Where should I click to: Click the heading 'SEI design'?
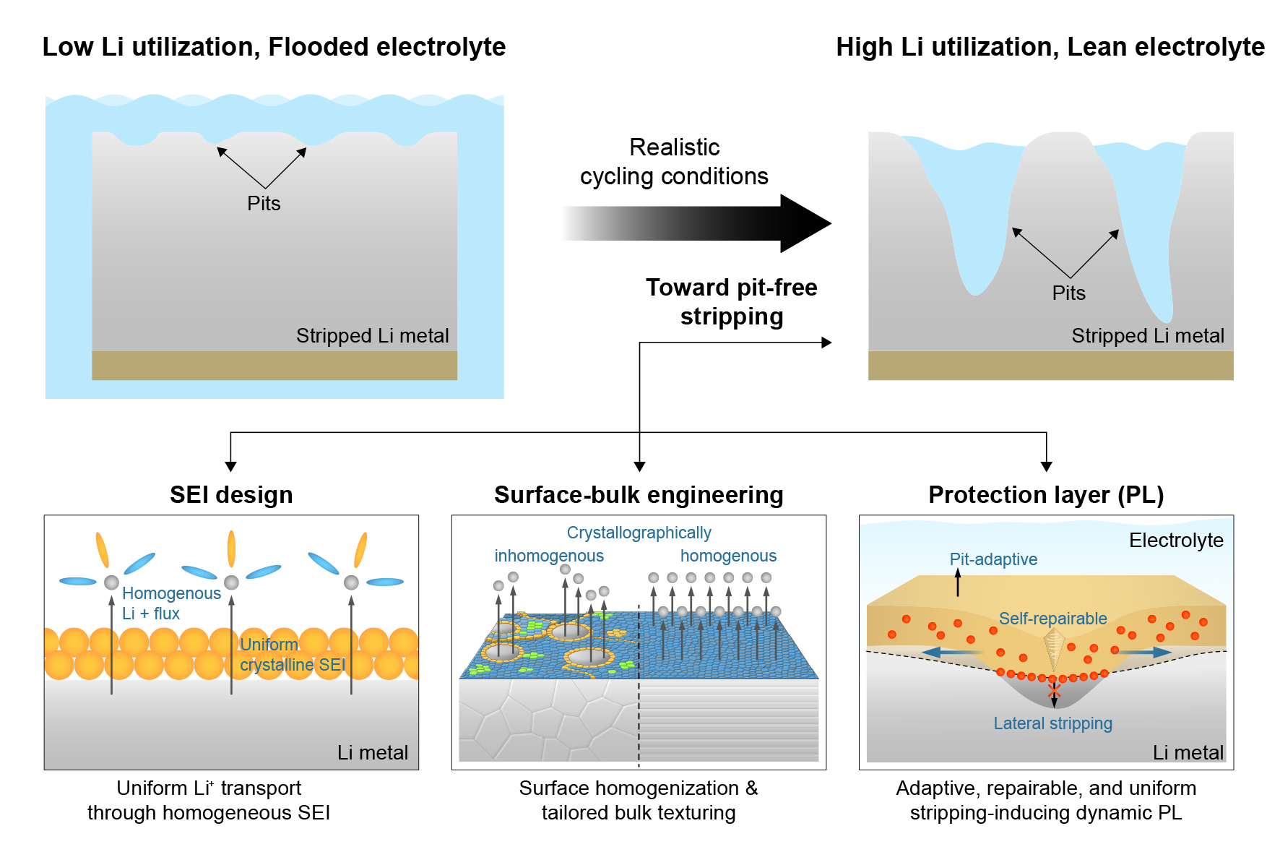tap(231, 495)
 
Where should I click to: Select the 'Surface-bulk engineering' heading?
tap(639, 495)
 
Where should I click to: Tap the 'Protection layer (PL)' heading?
tap(1046, 495)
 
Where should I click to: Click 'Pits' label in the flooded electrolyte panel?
tap(264, 204)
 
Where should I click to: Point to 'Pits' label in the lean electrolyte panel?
tap(1068, 293)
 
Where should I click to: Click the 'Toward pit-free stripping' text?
tap(731, 302)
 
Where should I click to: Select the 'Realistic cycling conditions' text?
tap(674, 162)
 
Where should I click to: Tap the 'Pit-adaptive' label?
tap(993, 559)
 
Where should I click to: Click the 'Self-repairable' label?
tap(1052, 619)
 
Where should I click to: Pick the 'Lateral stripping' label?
tap(1052, 723)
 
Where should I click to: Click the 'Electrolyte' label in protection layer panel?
tap(1176, 541)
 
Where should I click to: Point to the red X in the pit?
tap(1054, 691)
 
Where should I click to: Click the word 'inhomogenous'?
tap(549, 556)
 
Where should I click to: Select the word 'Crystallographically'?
tap(639, 533)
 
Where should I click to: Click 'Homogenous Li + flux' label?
tap(170, 603)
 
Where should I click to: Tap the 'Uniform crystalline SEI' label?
tap(292, 655)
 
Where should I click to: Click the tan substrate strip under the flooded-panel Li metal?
tap(274, 366)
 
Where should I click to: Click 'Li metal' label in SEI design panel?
tap(372, 753)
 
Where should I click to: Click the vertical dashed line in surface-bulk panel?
tap(639, 723)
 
